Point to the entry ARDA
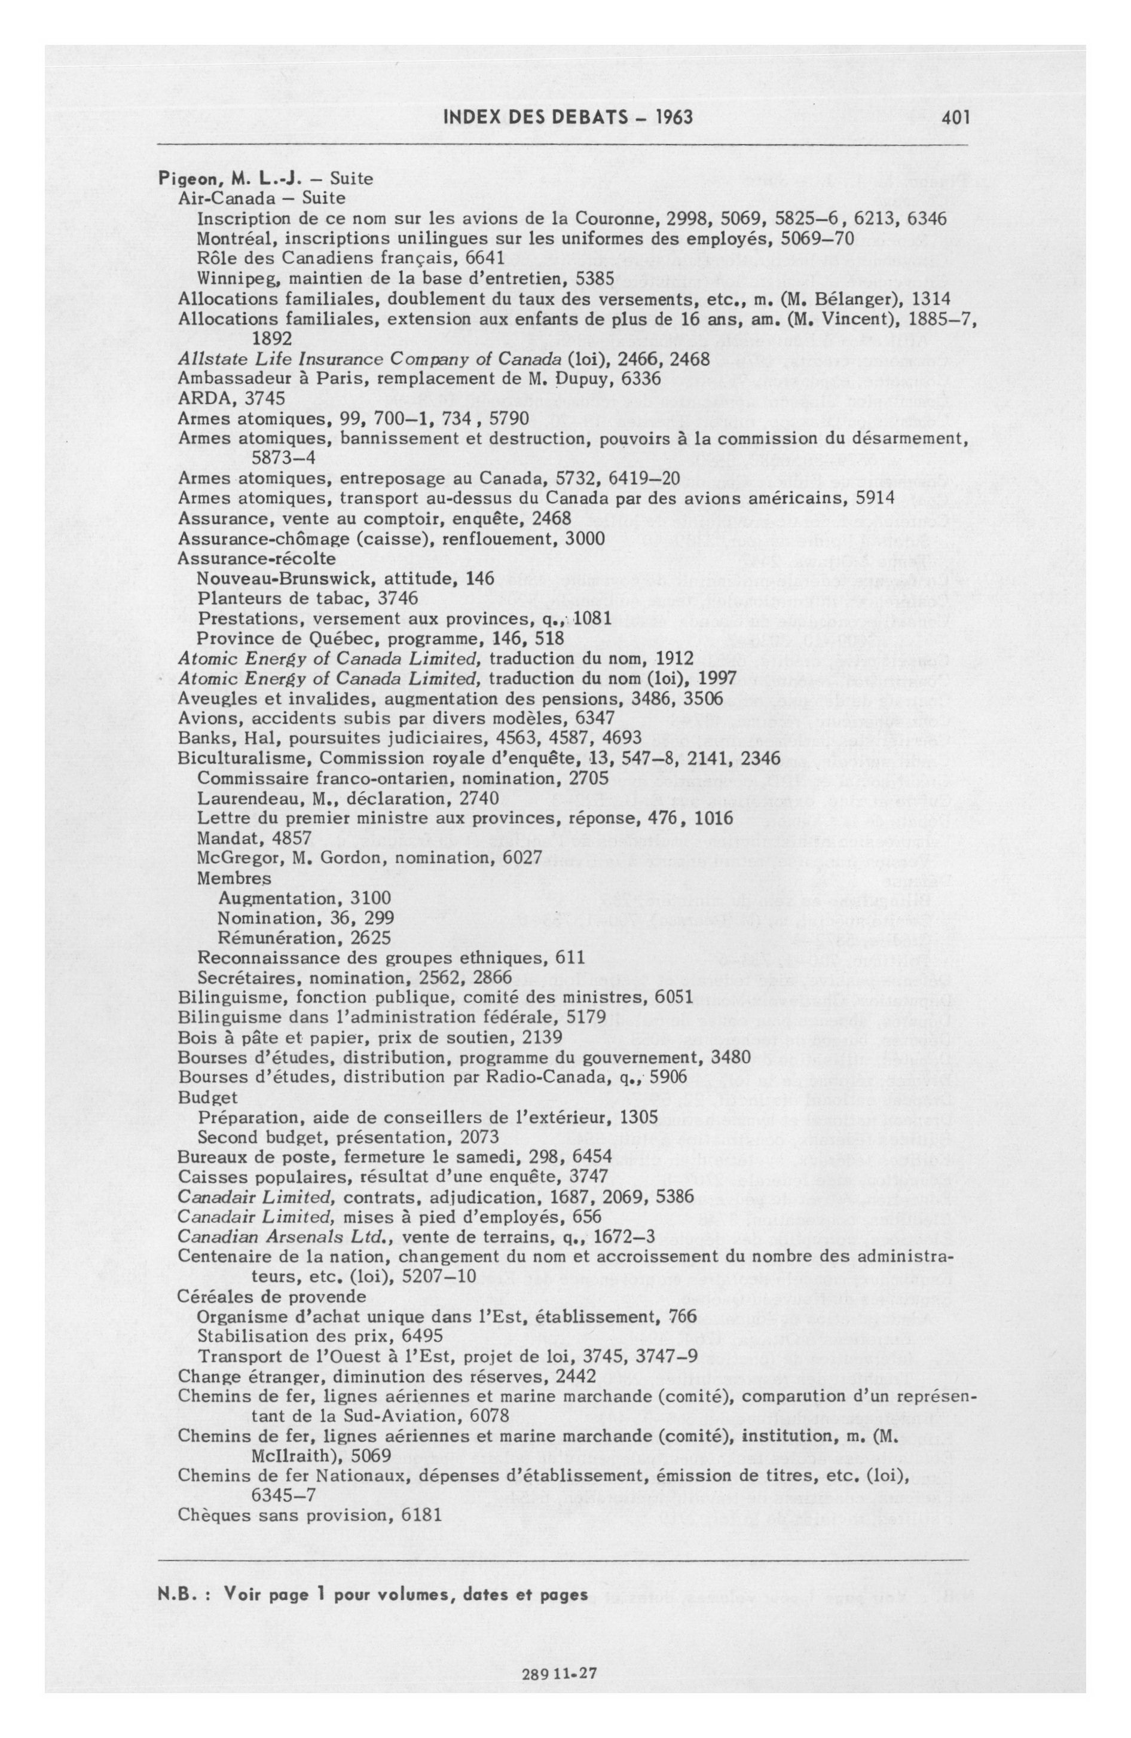tap(201, 398)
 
